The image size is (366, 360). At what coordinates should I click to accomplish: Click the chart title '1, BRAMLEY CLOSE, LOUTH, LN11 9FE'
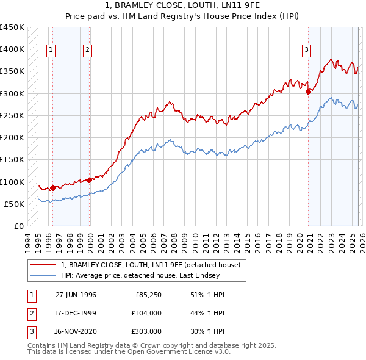click(182, 5)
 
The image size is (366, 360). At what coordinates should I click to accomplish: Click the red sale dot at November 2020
click(308, 92)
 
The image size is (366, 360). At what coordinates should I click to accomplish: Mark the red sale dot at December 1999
click(90, 180)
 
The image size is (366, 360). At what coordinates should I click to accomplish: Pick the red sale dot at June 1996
click(53, 188)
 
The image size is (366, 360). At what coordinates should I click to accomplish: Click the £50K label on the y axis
click(14, 204)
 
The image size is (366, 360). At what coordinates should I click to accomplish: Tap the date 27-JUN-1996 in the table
click(76, 295)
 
